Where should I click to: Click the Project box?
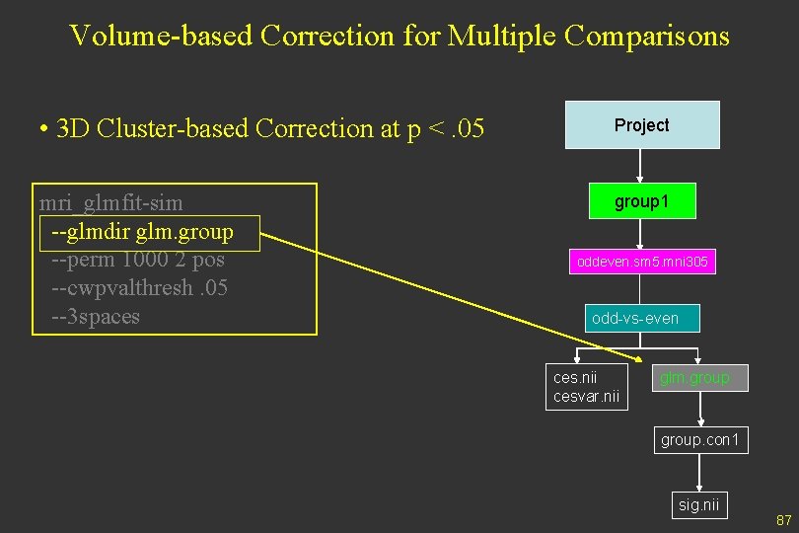click(642, 125)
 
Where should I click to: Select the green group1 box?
click(641, 201)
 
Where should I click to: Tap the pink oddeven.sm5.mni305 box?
click(641, 263)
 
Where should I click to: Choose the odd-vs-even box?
click(635, 318)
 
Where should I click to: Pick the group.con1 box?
click(699, 439)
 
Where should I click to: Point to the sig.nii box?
click(699, 505)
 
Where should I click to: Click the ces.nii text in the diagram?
click(575, 378)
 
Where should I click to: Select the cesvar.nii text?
click(586, 397)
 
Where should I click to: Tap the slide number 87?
click(784, 520)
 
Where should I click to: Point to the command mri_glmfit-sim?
click(111, 204)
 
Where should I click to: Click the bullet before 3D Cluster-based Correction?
click(44, 129)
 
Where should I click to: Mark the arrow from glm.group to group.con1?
click(699, 408)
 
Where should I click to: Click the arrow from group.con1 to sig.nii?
click(699, 472)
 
